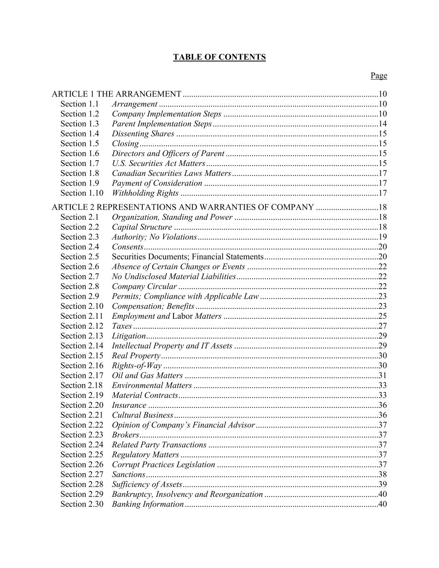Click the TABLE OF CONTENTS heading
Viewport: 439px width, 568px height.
pos(219,57)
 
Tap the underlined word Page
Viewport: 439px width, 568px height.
pos(379,75)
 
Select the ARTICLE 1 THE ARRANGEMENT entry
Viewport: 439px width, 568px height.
pos(117,94)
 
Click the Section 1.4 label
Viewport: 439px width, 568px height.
pos(80,134)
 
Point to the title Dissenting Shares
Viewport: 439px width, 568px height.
pos(143,134)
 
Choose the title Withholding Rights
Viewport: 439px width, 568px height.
pos(145,193)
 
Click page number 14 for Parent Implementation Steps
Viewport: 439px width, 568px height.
pos(383,124)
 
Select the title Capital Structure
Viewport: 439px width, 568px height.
pos(142,227)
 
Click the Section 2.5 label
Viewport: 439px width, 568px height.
pos(80,257)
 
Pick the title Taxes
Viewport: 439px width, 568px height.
pos(122,326)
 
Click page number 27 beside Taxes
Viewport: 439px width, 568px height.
pos(383,326)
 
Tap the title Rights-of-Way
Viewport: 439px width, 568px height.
pos(137,366)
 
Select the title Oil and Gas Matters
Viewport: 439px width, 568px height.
pos(147,376)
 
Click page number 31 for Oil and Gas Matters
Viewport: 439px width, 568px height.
pos(383,376)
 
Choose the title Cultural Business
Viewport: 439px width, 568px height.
pos(142,415)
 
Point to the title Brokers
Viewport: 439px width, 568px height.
pos(125,435)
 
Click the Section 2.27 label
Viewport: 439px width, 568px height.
pos(82,474)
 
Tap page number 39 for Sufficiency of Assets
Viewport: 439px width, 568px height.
pos(383,484)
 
